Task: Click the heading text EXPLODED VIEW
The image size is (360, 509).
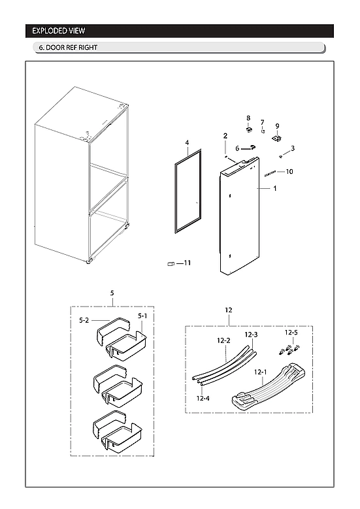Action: point(59,31)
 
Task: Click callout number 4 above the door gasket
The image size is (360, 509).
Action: point(187,142)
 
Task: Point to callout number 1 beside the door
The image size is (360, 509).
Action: point(275,188)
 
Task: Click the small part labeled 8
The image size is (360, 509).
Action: point(249,129)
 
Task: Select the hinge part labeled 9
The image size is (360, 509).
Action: point(276,138)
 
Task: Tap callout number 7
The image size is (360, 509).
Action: point(262,122)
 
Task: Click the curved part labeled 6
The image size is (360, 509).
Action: point(248,148)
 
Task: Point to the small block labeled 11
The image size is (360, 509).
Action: point(172,264)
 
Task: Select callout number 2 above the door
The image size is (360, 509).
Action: point(225,136)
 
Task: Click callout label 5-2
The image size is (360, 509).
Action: point(84,320)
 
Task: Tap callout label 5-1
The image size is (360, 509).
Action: point(142,316)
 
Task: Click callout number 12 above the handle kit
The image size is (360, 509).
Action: point(229,309)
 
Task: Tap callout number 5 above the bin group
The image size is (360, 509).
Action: point(112,293)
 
